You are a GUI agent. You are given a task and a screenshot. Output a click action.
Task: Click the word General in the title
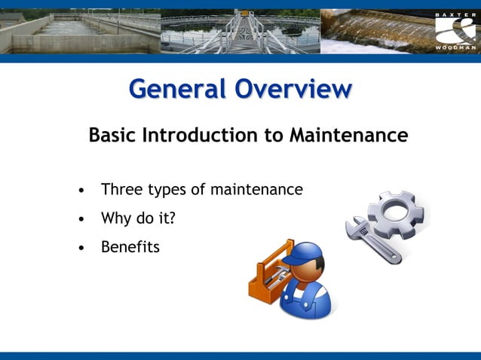[x=178, y=89]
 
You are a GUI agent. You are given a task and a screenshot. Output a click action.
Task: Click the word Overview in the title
[x=293, y=89]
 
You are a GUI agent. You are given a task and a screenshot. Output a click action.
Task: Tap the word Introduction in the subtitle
[x=206, y=136]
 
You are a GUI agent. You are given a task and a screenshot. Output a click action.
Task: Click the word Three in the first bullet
[x=121, y=190]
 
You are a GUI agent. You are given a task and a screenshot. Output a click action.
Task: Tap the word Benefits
[x=130, y=246]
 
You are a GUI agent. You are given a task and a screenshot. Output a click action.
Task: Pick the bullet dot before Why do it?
[x=81, y=219]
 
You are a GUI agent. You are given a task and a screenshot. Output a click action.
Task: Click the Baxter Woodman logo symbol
[x=455, y=30]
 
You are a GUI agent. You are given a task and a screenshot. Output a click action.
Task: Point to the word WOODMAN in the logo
[x=455, y=47]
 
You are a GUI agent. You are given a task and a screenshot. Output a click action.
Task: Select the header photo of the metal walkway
[x=241, y=31]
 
